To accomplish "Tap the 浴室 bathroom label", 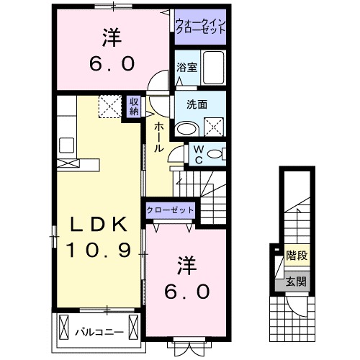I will (185, 68).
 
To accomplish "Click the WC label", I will (197, 155).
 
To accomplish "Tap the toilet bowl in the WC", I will (217, 154).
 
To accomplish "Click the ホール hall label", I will (158, 137).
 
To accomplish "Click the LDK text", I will (100, 225).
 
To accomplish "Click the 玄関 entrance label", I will (294, 281).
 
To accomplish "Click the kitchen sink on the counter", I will (67, 144).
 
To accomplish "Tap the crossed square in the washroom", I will (214, 129).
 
